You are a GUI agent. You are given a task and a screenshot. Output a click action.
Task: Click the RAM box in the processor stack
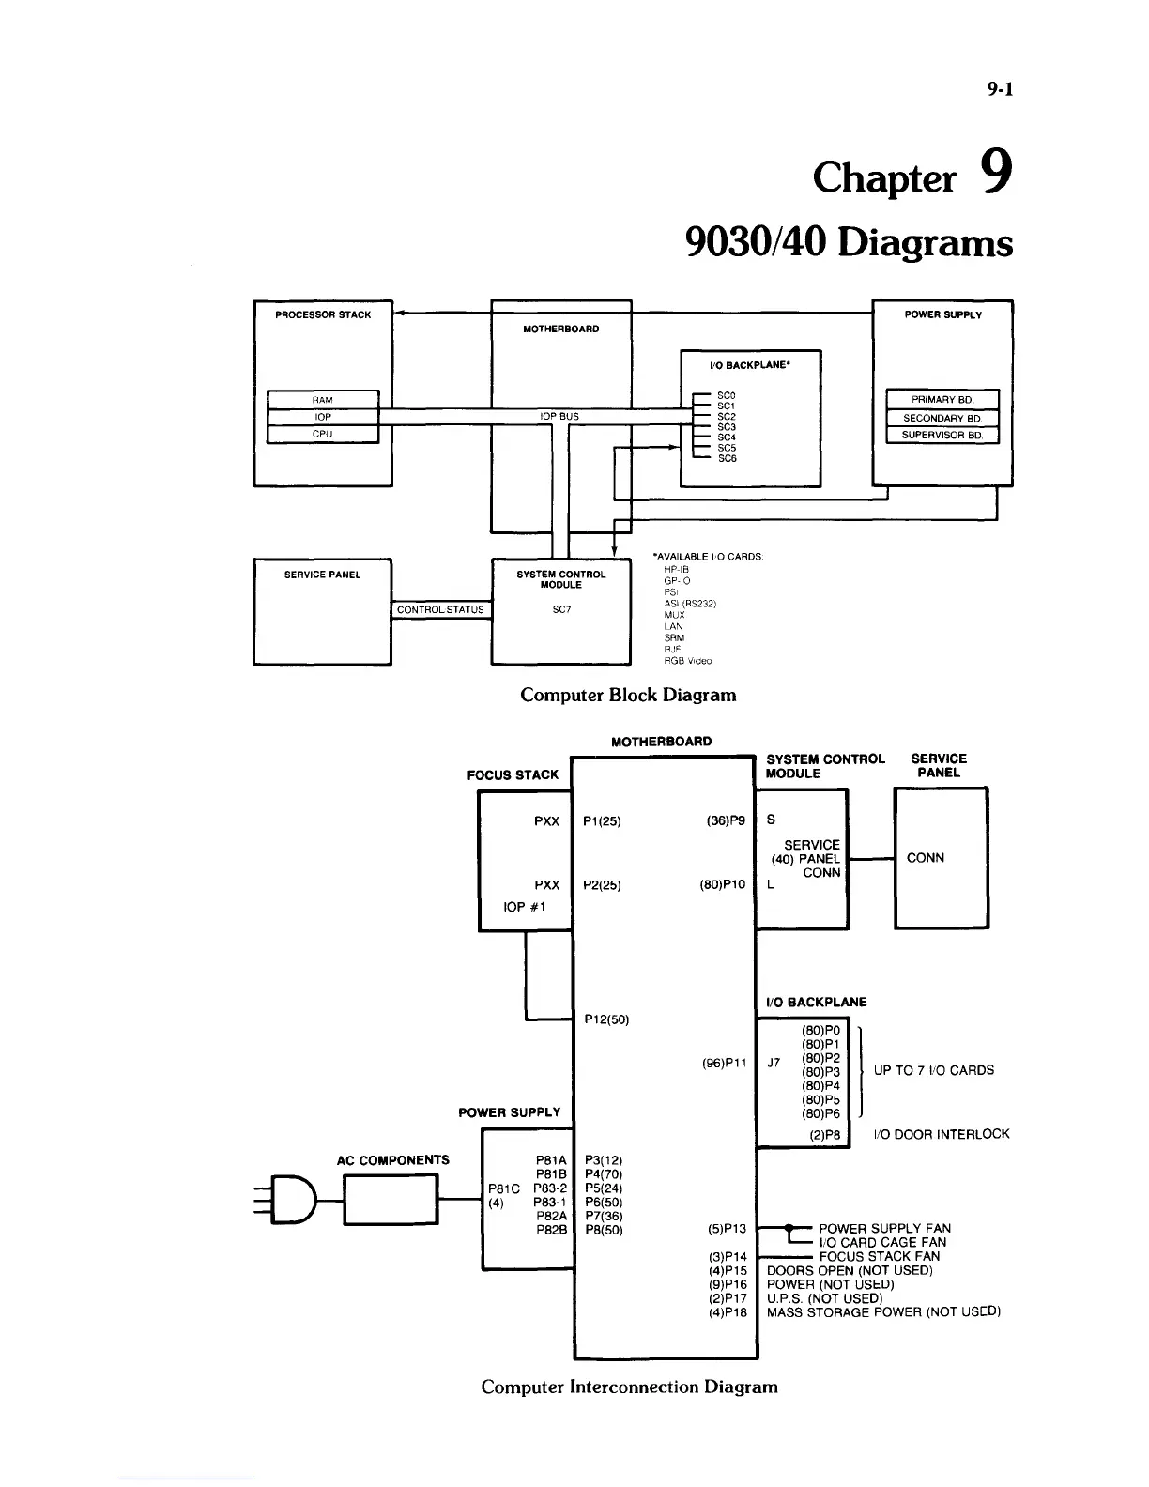click(x=323, y=400)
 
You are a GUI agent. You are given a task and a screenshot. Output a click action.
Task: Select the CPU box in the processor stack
click(x=323, y=434)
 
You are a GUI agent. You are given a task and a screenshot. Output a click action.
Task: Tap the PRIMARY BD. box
click(x=942, y=400)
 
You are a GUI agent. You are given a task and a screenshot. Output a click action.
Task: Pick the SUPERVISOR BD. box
click(x=942, y=435)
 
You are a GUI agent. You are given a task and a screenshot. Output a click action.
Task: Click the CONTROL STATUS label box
click(x=440, y=610)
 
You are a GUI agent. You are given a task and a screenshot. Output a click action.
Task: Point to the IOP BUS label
click(x=559, y=416)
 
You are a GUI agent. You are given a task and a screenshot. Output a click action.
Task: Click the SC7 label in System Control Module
click(x=561, y=610)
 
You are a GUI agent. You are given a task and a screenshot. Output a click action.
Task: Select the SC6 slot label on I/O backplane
click(x=727, y=459)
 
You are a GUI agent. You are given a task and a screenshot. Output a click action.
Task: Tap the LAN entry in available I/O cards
click(x=673, y=626)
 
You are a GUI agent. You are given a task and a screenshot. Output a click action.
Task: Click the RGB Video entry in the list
click(x=687, y=661)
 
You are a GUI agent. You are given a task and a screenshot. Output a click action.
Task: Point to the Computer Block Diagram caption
click(x=628, y=696)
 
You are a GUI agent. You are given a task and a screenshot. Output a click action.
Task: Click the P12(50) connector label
click(x=606, y=1019)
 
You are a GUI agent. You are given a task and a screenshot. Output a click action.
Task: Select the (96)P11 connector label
click(x=724, y=1064)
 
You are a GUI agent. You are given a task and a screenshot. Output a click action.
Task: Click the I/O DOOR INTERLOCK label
click(x=942, y=1134)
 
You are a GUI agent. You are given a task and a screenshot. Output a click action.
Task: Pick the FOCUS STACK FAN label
click(x=879, y=1256)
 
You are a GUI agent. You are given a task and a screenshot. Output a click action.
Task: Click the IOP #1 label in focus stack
click(x=525, y=907)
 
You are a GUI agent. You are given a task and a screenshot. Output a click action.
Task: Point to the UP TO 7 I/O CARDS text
click(x=933, y=1070)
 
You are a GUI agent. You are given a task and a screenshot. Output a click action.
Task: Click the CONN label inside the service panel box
click(x=926, y=858)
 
